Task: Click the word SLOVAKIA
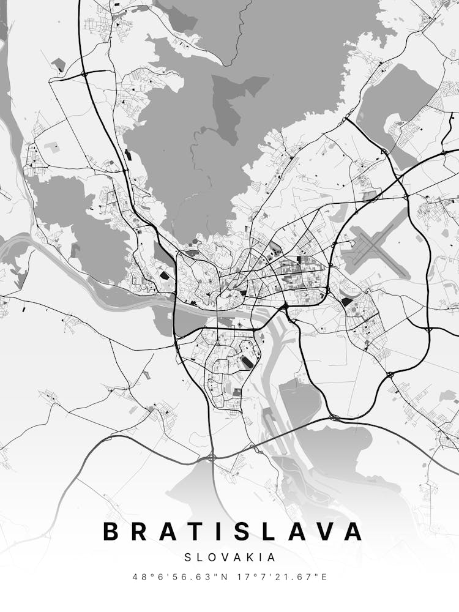(229, 558)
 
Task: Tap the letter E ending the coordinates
(324, 577)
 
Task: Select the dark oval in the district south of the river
(247, 362)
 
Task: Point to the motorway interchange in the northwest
(84, 73)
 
